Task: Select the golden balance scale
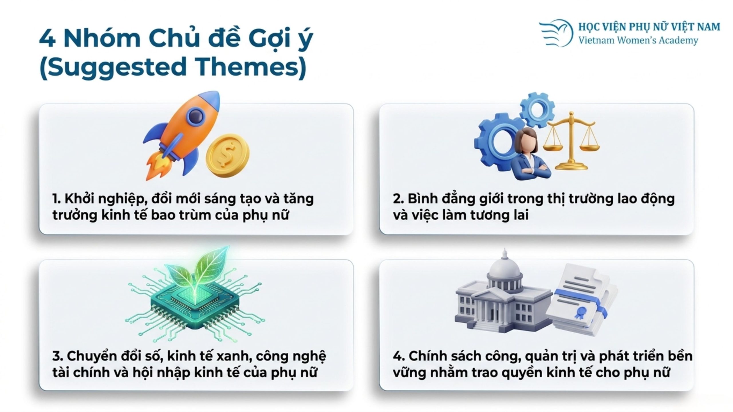click(x=571, y=142)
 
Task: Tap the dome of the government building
click(x=505, y=268)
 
